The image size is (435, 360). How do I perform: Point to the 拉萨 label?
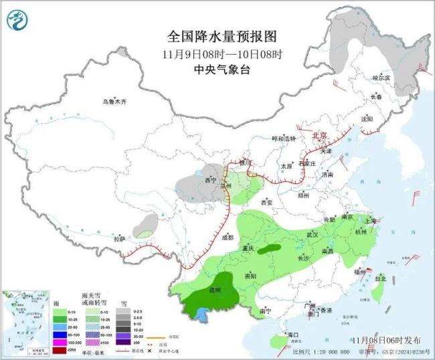(119, 239)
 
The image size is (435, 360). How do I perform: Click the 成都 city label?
(226, 238)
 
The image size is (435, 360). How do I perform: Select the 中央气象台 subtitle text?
(222, 70)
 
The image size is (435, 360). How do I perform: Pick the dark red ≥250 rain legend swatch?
(60, 350)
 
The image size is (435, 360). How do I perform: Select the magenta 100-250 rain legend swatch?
(60, 342)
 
